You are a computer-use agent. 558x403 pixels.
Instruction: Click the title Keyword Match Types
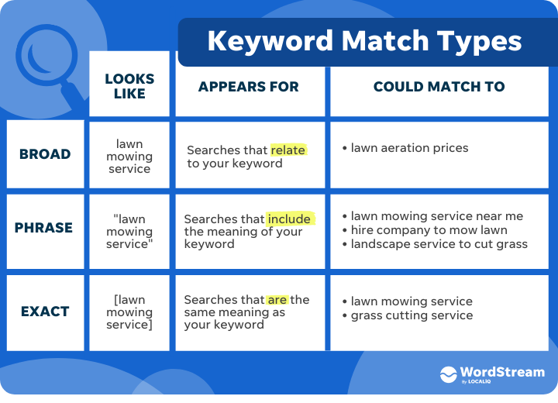364,40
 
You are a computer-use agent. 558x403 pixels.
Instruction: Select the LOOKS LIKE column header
129,86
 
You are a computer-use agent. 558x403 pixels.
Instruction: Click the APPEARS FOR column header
248,87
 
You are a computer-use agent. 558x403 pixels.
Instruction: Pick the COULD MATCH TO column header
439,87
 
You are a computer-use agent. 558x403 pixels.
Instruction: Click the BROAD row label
46,153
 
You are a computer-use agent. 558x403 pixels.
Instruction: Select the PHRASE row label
44,228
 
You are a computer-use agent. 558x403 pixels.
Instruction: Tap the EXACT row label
45,312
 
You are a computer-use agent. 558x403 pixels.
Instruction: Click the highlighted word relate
288,150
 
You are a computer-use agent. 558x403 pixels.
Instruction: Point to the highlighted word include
289,219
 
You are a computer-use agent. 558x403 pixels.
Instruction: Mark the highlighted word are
277,300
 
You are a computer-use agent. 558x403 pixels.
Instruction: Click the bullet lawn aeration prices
409,148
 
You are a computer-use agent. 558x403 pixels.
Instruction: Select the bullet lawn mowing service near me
436,216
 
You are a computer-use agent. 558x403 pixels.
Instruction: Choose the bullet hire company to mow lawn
429,230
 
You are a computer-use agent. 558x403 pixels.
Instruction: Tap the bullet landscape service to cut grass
439,244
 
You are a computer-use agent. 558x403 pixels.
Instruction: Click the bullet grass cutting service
412,315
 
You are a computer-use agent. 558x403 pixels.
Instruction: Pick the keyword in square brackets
129,312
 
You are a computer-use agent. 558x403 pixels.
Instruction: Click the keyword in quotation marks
129,231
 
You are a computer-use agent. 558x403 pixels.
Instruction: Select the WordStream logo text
503,372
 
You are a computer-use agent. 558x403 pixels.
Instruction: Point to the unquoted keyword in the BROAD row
129,157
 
